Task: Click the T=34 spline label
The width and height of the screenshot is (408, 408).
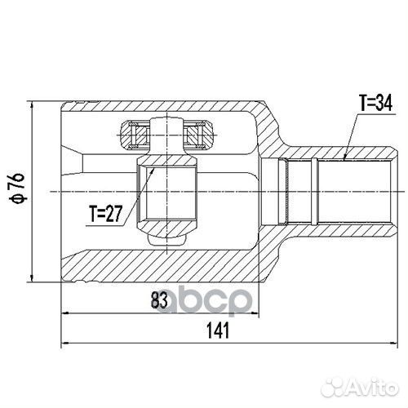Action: [375, 104]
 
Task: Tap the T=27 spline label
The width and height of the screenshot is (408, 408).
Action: [105, 214]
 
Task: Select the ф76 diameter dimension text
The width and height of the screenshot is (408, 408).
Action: [19, 188]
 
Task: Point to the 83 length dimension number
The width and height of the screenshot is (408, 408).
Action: [159, 300]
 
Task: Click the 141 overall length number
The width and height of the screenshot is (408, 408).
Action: [218, 330]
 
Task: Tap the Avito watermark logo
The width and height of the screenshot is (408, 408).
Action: [360, 387]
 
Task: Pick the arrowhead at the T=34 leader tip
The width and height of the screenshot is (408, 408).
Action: [344, 157]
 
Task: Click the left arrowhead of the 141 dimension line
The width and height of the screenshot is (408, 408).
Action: [65, 343]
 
